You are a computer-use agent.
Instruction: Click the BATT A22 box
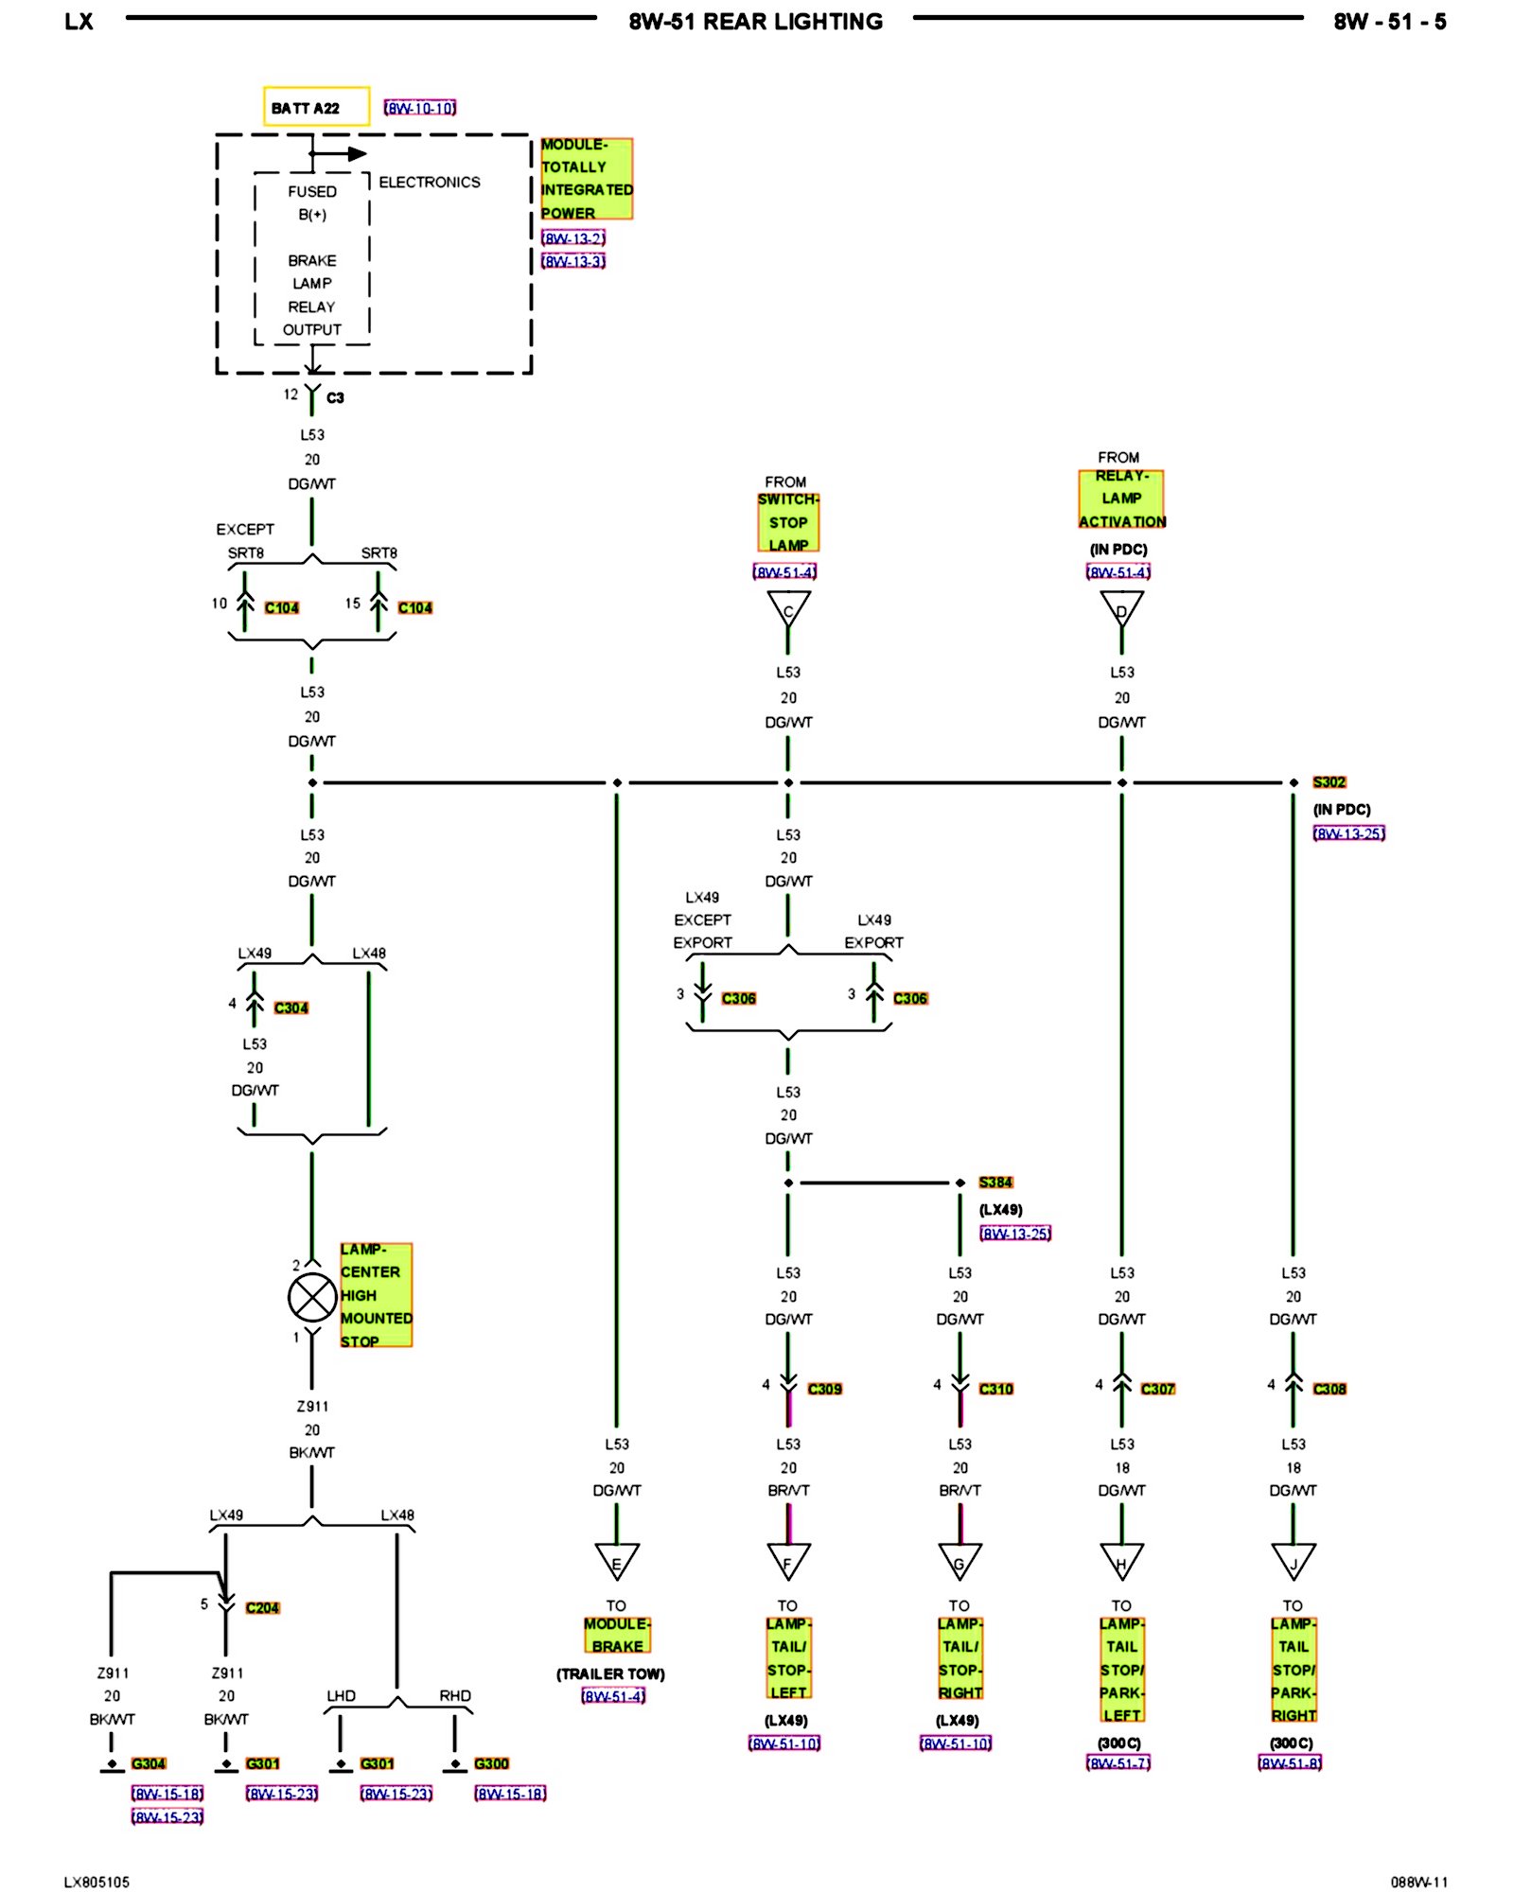pyautogui.click(x=315, y=107)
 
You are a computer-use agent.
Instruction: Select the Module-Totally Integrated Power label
pyautogui.click(x=586, y=179)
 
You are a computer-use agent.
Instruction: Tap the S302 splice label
pyautogui.click(x=1329, y=782)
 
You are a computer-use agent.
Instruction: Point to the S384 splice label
pyautogui.click(x=995, y=1182)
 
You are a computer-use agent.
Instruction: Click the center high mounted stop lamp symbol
pyautogui.click(x=312, y=1296)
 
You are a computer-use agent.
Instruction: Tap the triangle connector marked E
pyautogui.click(x=617, y=1563)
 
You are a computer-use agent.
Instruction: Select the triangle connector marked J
pyautogui.click(x=1294, y=1563)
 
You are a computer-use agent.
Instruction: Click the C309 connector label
pyautogui.click(x=824, y=1389)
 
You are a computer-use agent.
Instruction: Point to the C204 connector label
pyautogui.click(x=262, y=1607)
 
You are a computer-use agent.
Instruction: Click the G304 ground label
pyautogui.click(x=149, y=1763)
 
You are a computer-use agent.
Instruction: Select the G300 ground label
pyautogui.click(x=491, y=1763)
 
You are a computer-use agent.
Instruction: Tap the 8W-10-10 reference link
pyautogui.click(x=420, y=108)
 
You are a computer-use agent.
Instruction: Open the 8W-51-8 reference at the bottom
pyautogui.click(x=1290, y=1763)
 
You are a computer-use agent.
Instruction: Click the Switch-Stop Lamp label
pyautogui.click(x=788, y=522)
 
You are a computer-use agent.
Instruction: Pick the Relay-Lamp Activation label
pyautogui.click(x=1121, y=499)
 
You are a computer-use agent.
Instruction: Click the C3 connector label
pyautogui.click(x=335, y=398)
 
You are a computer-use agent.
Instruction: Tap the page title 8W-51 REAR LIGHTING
pyautogui.click(x=755, y=22)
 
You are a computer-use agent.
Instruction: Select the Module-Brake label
pyautogui.click(x=617, y=1635)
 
